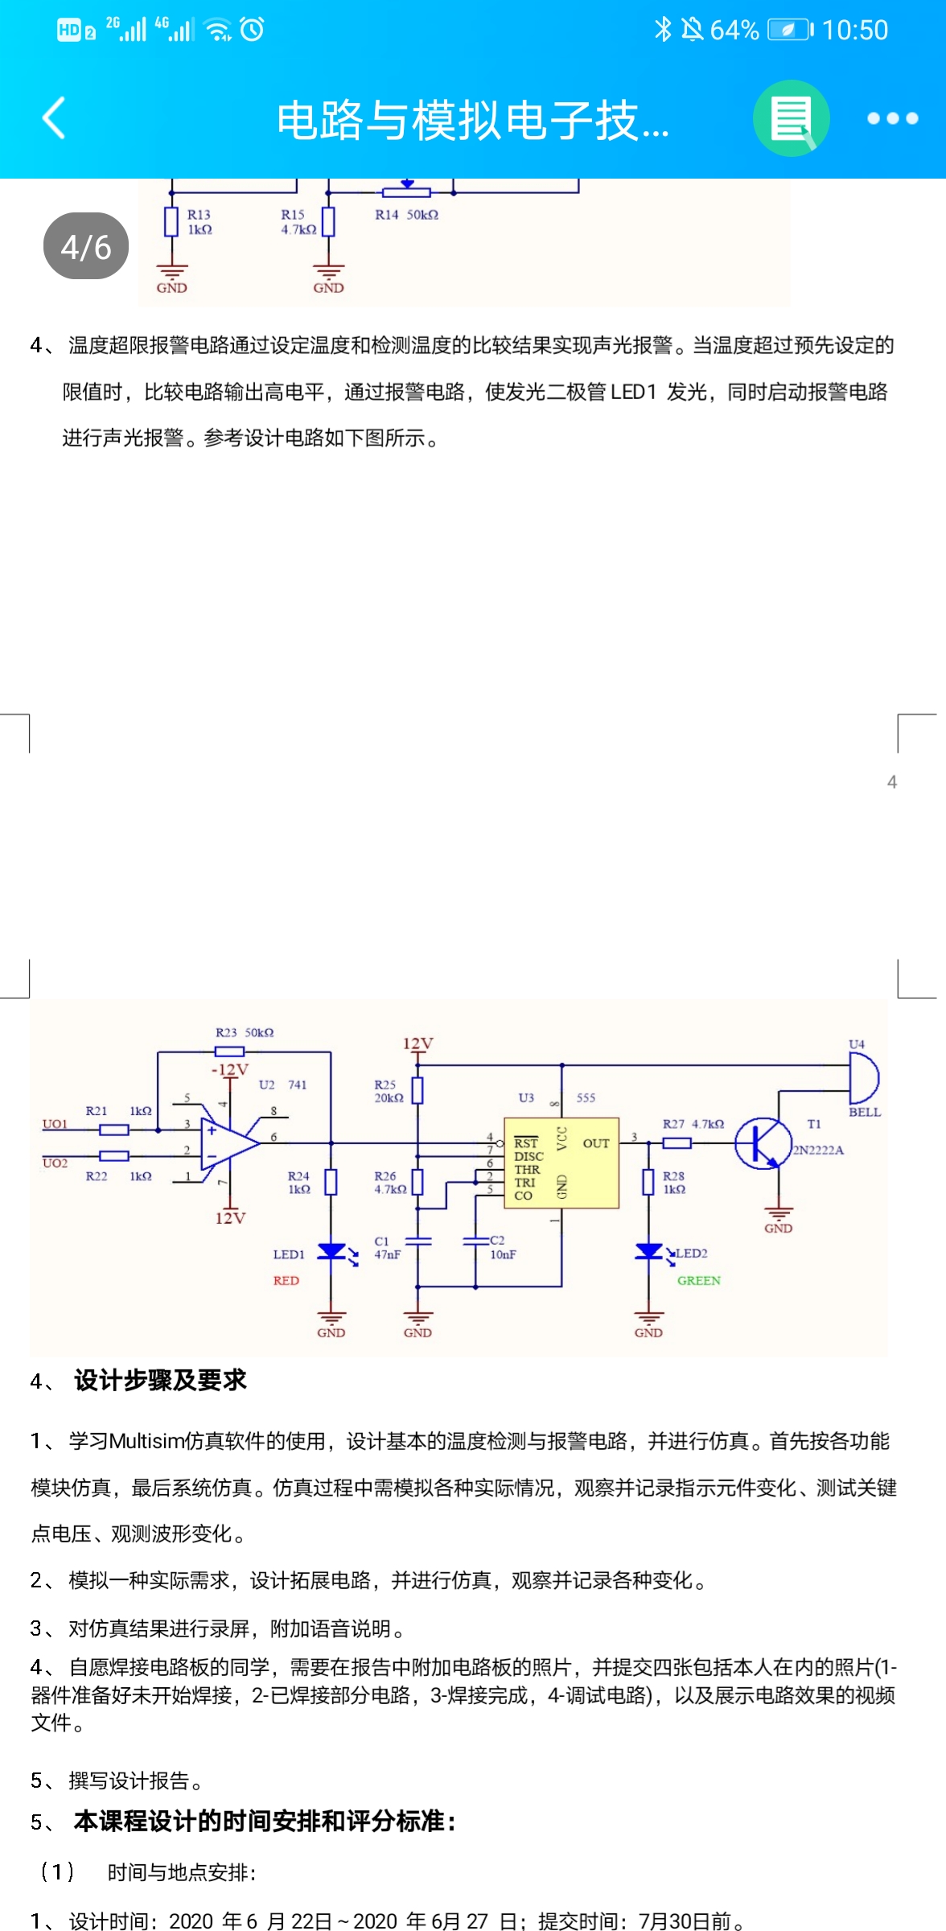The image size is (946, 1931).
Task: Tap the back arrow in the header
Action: pos(53,118)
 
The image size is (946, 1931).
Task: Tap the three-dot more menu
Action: pos(892,118)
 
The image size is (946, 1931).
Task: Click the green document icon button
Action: pos(791,118)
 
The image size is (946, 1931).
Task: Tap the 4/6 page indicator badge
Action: pos(86,246)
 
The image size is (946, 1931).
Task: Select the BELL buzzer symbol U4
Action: pos(863,1078)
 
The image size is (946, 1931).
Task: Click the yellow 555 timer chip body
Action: pos(561,1163)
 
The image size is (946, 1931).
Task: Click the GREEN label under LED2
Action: pos(698,1280)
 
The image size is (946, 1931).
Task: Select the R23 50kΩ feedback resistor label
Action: pos(245,1032)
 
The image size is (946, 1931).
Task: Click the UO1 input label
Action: pos(55,1124)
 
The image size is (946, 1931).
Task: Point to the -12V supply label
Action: pos(229,1069)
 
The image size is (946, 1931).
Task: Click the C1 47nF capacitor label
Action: pos(387,1248)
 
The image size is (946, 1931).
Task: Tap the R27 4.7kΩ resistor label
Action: pos(693,1124)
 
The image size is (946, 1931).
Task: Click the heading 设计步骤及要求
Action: pos(160,1380)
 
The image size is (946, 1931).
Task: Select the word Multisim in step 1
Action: pos(146,1441)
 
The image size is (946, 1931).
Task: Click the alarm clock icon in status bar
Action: pos(252,30)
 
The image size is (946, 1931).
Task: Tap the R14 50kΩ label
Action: pos(406,215)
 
